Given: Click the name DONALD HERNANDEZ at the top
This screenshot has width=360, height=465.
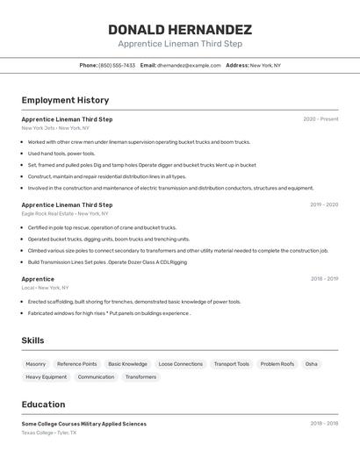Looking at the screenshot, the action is (x=180, y=29).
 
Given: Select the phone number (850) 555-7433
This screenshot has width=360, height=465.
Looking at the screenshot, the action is (x=117, y=65).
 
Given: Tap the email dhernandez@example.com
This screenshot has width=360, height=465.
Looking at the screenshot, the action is (x=189, y=65).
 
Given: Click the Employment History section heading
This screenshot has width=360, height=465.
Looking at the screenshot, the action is (x=65, y=100).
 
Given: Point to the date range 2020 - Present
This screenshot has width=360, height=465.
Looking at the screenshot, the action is (x=320, y=118).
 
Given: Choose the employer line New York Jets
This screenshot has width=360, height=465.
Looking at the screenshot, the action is (x=55, y=127).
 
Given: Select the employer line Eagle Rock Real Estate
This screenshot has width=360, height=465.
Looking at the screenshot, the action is (x=65, y=213).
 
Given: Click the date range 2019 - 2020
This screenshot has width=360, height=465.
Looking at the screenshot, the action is (x=324, y=204).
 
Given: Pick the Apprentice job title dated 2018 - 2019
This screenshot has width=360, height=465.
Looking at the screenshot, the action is (x=38, y=279).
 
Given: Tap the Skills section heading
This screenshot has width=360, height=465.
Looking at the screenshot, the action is (x=33, y=340).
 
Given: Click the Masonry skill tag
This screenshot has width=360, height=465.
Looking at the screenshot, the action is (x=36, y=364).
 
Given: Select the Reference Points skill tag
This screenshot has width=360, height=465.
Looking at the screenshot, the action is (x=77, y=364).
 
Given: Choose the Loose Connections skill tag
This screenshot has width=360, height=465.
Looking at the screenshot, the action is (x=180, y=364).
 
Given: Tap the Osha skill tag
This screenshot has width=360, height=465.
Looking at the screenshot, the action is (x=312, y=364).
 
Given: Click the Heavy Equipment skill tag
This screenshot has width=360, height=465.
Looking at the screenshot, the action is (x=46, y=377).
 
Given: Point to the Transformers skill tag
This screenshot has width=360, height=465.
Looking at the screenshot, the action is (x=140, y=377).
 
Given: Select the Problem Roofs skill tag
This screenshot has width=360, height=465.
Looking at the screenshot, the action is (x=277, y=364).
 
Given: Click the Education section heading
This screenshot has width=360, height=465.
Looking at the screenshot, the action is (x=43, y=404).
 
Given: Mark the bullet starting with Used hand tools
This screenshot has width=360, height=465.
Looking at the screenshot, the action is (x=61, y=154).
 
